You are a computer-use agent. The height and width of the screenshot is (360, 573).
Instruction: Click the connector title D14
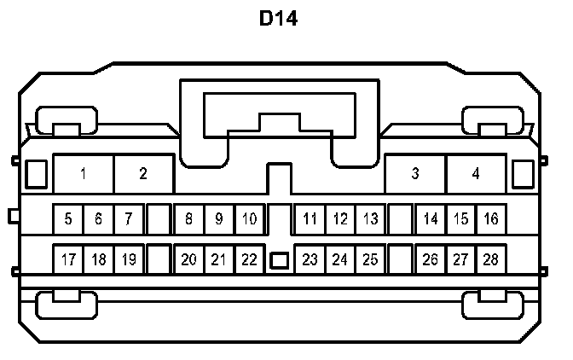click(x=279, y=19)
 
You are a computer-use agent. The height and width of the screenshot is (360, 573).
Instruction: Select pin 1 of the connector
click(x=84, y=174)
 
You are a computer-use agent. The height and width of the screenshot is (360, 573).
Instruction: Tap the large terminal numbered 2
click(x=143, y=174)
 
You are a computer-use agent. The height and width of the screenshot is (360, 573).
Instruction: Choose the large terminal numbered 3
click(x=415, y=174)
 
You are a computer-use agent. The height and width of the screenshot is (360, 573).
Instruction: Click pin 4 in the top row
click(x=476, y=174)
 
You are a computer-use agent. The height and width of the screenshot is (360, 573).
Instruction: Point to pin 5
click(x=68, y=219)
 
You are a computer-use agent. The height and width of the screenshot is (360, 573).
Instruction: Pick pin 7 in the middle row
click(x=128, y=219)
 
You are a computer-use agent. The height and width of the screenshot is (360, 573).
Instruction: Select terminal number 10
click(x=248, y=219)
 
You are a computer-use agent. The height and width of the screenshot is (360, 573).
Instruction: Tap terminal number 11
click(x=310, y=219)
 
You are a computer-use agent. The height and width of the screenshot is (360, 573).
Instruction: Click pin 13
click(x=370, y=219)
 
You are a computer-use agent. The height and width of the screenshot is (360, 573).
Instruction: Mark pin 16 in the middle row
click(x=490, y=219)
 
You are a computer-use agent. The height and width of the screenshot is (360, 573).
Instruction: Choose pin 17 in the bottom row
click(x=68, y=259)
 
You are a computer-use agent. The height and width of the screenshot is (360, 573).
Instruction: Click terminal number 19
click(x=128, y=259)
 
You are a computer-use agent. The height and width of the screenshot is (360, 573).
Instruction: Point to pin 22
click(x=248, y=259)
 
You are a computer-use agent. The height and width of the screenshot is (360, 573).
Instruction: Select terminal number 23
click(x=310, y=259)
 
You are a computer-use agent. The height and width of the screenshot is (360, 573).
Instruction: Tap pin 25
click(x=370, y=259)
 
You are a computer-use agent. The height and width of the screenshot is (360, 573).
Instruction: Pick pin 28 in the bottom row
click(x=490, y=259)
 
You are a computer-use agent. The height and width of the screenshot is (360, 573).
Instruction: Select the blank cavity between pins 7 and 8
click(x=158, y=219)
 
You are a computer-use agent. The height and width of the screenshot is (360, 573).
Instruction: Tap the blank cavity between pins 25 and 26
click(x=400, y=259)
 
